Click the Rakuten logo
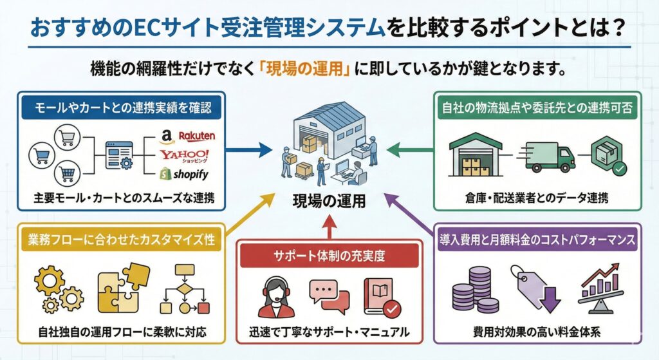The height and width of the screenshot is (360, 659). [196, 137]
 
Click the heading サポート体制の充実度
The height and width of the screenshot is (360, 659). [329, 255]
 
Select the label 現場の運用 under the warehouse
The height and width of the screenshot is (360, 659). [329, 200]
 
